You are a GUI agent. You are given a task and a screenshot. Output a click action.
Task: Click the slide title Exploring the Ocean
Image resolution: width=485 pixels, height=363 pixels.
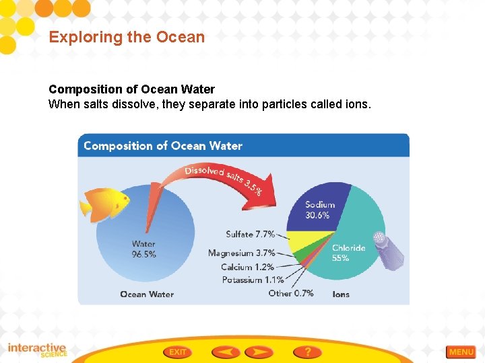click(x=127, y=37)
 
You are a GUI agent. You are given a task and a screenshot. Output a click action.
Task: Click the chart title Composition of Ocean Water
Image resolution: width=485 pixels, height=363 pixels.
click(x=162, y=146)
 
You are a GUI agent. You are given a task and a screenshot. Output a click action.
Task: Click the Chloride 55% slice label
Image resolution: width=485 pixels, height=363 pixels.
click(x=348, y=252)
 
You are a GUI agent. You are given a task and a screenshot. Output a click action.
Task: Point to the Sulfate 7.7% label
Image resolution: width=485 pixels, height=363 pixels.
click(x=250, y=235)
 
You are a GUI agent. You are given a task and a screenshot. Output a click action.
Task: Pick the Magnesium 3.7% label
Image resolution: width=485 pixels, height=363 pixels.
click(x=241, y=253)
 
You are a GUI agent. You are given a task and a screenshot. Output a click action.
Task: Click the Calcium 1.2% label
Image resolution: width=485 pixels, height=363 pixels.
click(x=248, y=267)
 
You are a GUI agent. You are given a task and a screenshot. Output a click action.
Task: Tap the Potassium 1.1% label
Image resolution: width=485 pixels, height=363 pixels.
click(x=253, y=280)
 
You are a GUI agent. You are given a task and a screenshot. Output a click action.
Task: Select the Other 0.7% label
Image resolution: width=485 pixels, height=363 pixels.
click(x=290, y=293)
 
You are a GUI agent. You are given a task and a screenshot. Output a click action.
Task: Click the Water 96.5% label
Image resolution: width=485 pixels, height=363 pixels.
click(x=143, y=249)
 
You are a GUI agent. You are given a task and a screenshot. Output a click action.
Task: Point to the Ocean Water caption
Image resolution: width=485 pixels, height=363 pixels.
click(x=147, y=294)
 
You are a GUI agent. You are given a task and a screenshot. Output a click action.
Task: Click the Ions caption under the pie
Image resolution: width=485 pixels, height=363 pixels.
click(x=341, y=294)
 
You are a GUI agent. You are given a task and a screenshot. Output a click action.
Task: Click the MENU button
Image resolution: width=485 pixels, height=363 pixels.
click(x=461, y=352)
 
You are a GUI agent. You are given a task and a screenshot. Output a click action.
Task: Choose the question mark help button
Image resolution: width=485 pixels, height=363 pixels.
click(x=307, y=352)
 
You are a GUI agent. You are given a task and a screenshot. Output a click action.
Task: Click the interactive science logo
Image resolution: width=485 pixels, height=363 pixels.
click(x=37, y=350)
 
